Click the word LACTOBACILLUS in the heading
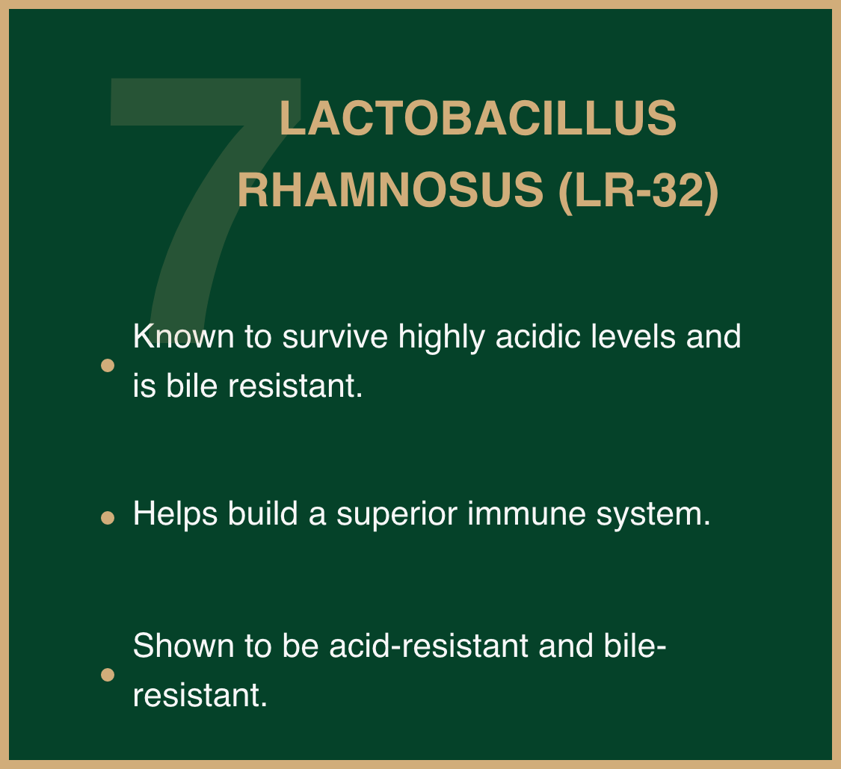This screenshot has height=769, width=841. tap(478, 118)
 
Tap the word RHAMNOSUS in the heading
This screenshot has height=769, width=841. tap(390, 190)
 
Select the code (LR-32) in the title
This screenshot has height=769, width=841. tap(638, 191)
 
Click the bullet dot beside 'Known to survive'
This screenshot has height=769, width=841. tap(108, 365)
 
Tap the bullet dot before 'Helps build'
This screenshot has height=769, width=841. tap(108, 517)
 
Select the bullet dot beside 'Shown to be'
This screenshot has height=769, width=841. tap(108, 675)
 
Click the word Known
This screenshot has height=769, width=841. tap(183, 336)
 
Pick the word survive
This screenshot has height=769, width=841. tap(335, 336)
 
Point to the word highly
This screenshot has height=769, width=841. tap(441, 339)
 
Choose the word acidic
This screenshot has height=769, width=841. tap(538, 336)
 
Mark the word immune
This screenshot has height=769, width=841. tap(527, 513)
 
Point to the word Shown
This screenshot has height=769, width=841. tap(183, 645)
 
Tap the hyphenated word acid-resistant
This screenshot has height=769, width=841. tap(428, 645)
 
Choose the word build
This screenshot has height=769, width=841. tap(263, 513)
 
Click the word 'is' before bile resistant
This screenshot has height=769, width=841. tap(144, 386)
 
